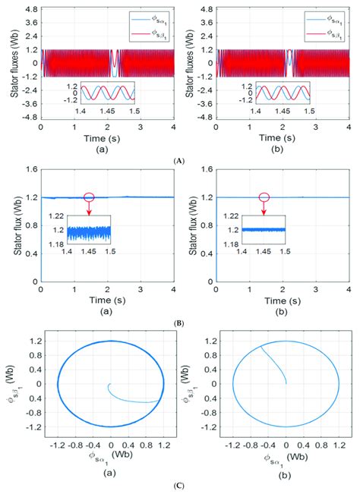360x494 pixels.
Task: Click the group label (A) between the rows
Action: [179, 161]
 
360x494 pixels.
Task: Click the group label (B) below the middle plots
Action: [179, 323]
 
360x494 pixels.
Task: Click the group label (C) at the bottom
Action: [179, 485]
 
